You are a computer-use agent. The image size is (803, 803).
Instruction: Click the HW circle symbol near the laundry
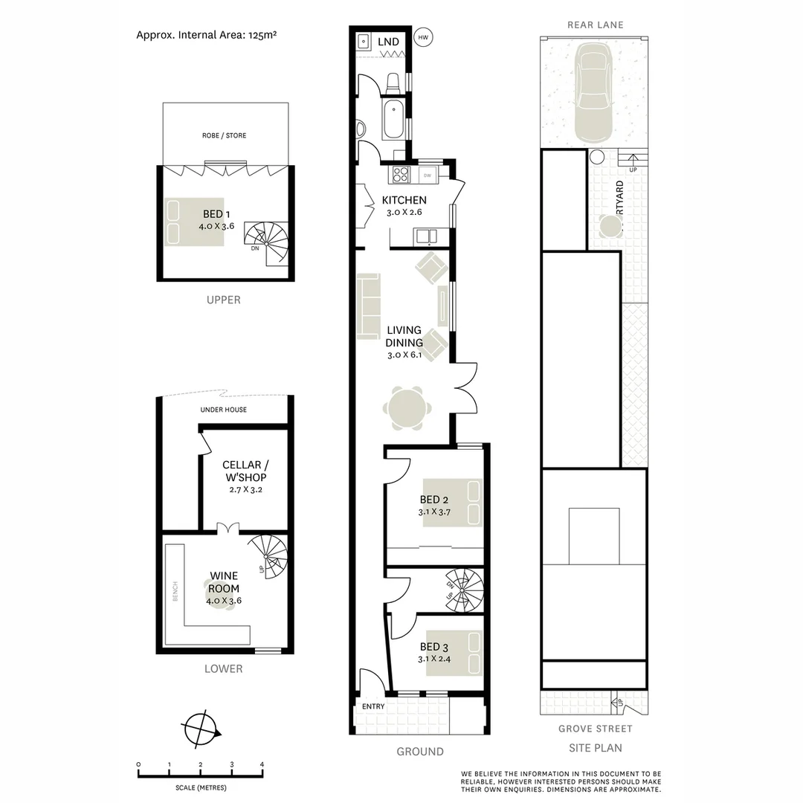coord(424,36)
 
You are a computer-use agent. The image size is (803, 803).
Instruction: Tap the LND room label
coord(388,42)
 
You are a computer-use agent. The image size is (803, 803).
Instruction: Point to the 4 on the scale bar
coord(262,764)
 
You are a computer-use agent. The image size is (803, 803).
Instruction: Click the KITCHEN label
coord(404,200)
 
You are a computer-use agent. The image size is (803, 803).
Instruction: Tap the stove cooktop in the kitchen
coord(400,174)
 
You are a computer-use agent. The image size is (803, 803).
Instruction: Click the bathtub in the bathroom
coord(393,119)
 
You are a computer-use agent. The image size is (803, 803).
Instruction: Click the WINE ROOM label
coord(223,582)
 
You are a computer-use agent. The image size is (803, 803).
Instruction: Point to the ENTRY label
coord(373,706)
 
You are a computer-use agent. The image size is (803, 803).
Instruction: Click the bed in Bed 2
coord(452,503)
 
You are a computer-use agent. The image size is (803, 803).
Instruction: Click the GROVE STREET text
coord(595,729)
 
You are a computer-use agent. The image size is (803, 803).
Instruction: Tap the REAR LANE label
coord(595,25)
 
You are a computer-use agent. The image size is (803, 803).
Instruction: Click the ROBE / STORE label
coord(224,135)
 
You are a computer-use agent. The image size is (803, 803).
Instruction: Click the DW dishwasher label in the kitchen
coord(427,175)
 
